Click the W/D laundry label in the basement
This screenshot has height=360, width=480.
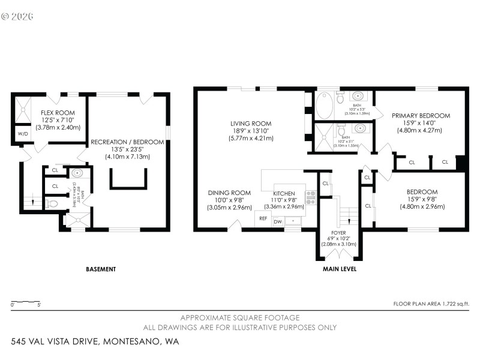point(23,133)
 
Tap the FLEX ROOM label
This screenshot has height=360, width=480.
point(58,113)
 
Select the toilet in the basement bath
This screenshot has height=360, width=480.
point(52,204)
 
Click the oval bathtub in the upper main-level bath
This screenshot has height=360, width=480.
point(323,105)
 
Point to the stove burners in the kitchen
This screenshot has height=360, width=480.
point(311,197)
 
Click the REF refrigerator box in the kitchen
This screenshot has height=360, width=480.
point(263,219)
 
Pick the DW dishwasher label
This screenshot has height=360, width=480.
point(278,222)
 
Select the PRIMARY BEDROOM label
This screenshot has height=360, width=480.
point(421,115)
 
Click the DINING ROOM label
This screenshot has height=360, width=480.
point(225,193)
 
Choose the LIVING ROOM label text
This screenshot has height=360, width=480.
point(252,123)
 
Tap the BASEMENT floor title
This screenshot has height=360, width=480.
point(100,269)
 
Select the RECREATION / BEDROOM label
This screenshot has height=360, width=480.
point(127,142)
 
